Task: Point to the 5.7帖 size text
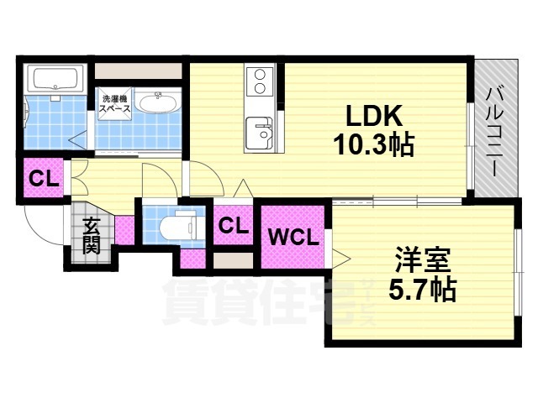click(x=422, y=290)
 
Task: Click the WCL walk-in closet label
click(x=293, y=237)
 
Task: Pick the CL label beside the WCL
click(x=233, y=225)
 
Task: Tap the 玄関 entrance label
click(x=91, y=235)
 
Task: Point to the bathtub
click(x=54, y=81)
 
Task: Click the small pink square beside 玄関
click(x=124, y=228)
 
